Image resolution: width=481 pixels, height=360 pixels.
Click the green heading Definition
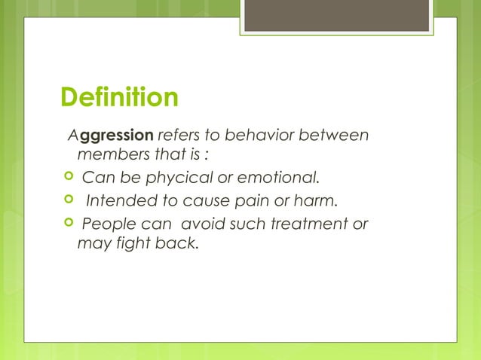[x=120, y=98]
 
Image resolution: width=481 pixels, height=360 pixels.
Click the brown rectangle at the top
[x=337, y=15]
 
